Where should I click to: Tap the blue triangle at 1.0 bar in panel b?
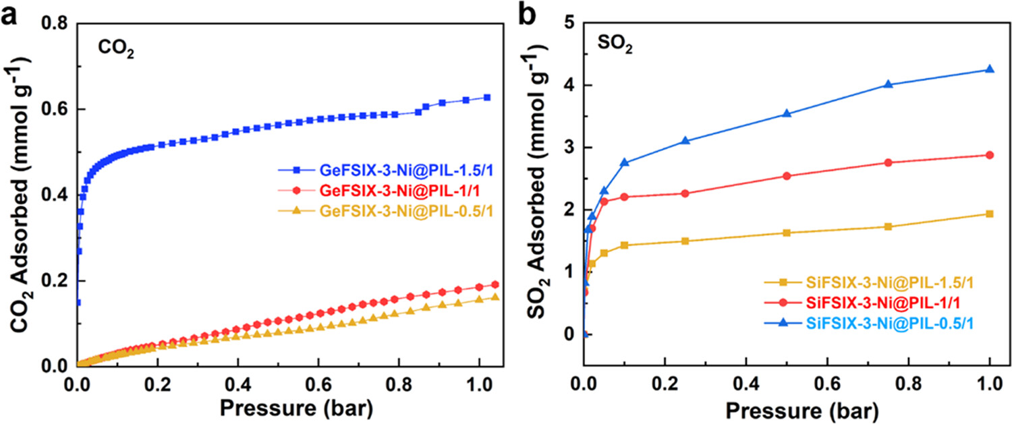990,69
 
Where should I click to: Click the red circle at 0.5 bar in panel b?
787,176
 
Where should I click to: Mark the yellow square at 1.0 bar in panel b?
990,214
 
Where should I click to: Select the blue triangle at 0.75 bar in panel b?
888,84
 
